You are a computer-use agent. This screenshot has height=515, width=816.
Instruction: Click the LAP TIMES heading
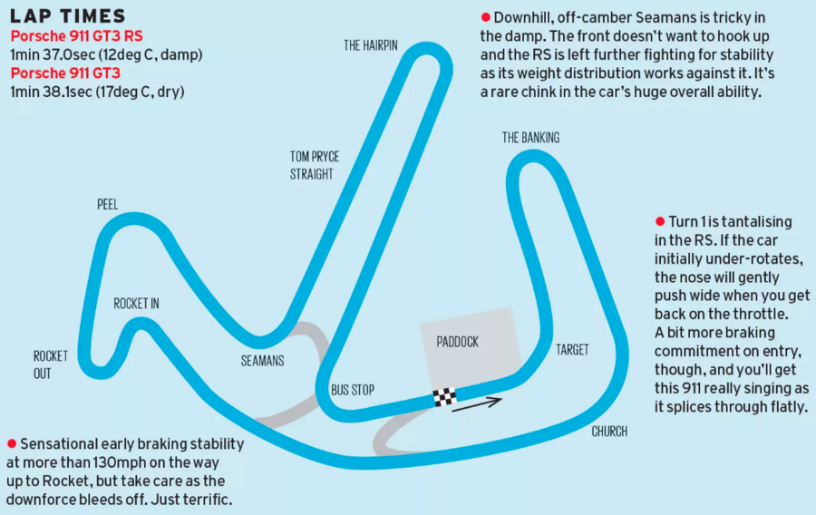click(68, 16)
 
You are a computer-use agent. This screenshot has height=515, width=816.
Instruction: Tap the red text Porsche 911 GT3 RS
click(76, 36)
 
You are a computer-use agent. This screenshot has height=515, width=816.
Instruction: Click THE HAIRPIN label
click(371, 44)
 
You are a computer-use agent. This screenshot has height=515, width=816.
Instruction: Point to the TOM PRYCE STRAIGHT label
click(314, 165)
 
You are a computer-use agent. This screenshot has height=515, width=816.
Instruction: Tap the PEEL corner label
click(108, 204)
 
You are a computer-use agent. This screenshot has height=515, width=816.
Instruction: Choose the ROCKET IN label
click(136, 304)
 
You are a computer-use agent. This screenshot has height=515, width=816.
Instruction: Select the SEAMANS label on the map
click(263, 360)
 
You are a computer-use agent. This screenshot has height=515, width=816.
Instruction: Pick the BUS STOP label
click(353, 390)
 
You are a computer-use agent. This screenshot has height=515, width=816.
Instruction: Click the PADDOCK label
click(457, 342)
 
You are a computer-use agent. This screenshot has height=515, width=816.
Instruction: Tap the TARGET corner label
click(572, 349)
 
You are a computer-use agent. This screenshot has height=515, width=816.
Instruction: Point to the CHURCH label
click(608, 431)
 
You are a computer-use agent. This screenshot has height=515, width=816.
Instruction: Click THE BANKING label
click(530, 138)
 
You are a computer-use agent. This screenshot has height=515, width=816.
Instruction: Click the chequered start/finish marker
click(444, 396)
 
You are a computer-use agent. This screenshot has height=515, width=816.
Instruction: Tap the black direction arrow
click(477, 403)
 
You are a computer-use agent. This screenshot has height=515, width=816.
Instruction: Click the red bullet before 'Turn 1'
click(659, 222)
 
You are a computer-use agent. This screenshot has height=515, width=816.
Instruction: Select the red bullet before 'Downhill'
click(486, 18)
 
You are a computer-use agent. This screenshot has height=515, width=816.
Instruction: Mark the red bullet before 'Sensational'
click(12, 443)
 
